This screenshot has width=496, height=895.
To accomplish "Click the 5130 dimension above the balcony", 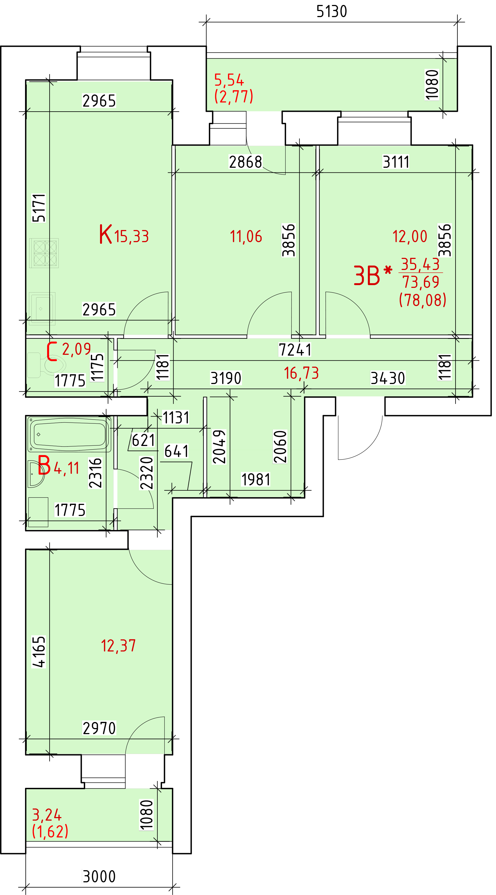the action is tap(331, 12).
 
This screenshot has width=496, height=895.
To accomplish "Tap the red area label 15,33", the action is tap(132, 237).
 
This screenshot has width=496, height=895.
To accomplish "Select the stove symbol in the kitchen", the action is tap(44, 253).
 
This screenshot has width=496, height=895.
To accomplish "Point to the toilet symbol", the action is tap(46, 365).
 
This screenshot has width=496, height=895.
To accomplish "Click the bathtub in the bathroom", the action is tap(69, 434).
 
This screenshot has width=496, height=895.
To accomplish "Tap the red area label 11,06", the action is tap(246, 237).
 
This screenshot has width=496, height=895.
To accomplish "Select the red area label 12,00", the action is tap(410, 237).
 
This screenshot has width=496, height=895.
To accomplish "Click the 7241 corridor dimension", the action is tap(295, 350).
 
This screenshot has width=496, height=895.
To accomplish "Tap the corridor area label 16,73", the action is tap(301, 374).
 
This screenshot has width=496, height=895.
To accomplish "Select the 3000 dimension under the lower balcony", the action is tap(99, 877).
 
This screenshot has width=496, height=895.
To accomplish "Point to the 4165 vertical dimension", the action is tap(39, 652).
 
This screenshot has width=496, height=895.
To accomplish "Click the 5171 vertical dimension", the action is tap(39, 208).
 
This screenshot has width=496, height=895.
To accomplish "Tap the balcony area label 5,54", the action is tap(229, 80).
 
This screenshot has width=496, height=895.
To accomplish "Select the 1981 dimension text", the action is tap(256, 480).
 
